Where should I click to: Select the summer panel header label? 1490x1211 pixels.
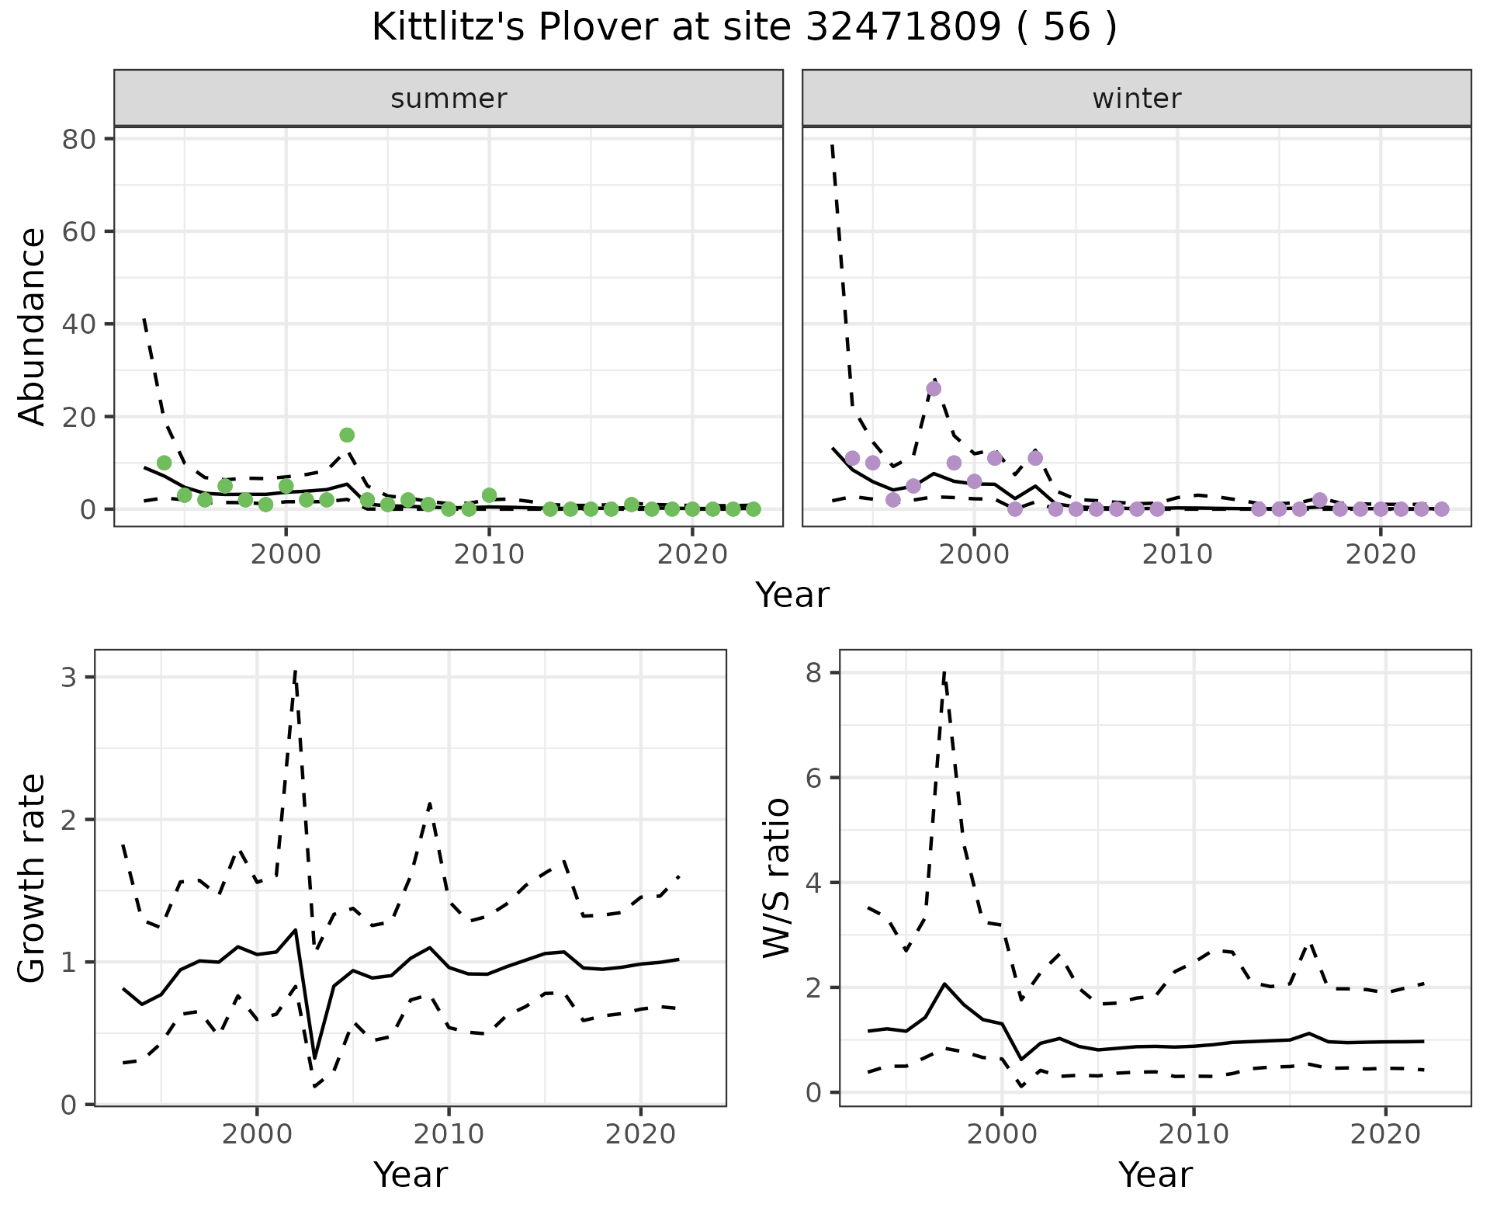[x=449, y=99]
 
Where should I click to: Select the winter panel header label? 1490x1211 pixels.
[x=1136, y=99]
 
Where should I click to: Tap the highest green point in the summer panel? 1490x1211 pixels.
[x=347, y=435]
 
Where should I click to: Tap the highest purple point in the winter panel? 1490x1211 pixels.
[x=934, y=388]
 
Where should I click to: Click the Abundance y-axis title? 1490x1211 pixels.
[x=33, y=326]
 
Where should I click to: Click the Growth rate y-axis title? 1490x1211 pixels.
[x=33, y=878]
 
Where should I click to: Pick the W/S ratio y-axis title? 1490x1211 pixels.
[x=777, y=878]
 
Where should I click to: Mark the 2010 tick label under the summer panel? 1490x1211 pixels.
[x=489, y=554]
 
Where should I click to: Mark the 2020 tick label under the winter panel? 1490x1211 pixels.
[x=1381, y=554]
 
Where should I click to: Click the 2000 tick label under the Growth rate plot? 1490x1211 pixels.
[x=257, y=1134]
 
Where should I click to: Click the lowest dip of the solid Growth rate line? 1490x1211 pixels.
[x=314, y=1058]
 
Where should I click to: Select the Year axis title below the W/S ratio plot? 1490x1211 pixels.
[x=1155, y=1175]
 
